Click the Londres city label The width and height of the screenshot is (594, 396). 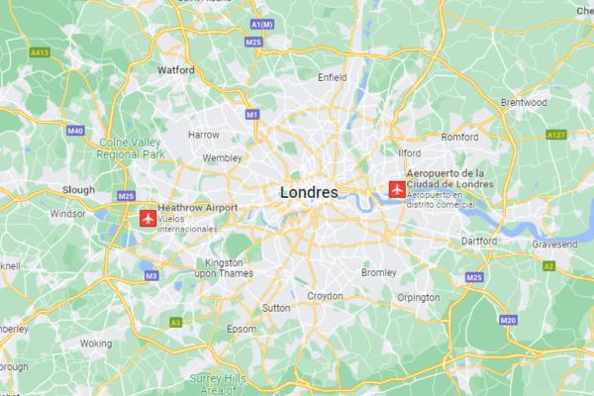pos(309,191)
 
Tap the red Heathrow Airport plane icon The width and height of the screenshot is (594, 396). pos(149,217)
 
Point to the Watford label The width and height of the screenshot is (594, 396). pos(176,70)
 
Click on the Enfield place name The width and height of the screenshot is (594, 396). pos(332,76)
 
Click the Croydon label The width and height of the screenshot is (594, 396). pos(326,296)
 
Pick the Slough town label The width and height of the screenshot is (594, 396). pos(78,189)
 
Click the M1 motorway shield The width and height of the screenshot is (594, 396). pos(251,115)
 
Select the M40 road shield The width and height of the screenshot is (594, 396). pos(75,130)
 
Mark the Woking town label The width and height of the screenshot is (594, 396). pos(96,344)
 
